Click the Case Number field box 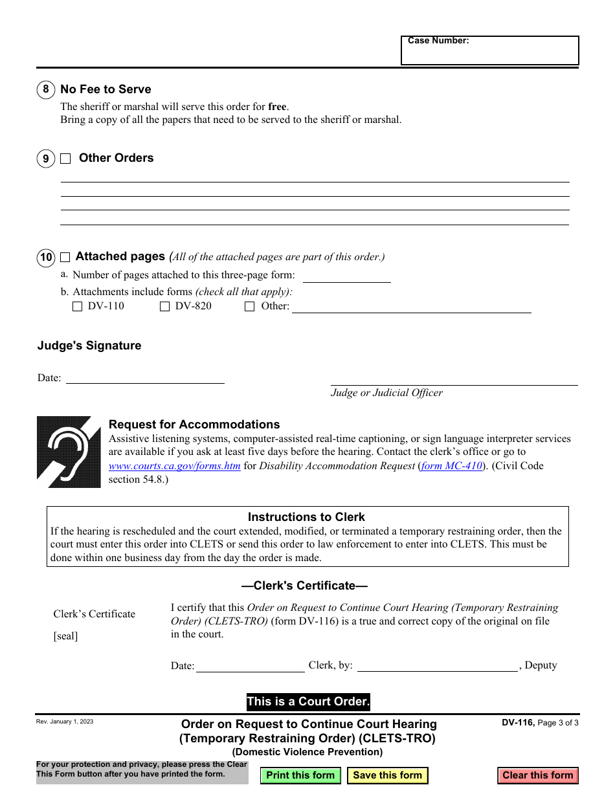[x=489, y=50]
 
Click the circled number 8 [x=46, y=90]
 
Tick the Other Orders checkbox [x=66, y=159]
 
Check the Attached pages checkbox [x=65, y=258]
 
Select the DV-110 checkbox [x=78, y=307]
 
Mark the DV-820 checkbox [x=165, y=307]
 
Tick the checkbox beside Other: [x=250, y=307]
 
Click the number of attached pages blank [x=347, y=276]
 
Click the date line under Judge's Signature [x=145, y=378]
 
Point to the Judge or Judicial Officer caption [x=387, y=393]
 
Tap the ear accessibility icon [x=69, y=452]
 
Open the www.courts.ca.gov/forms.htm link [x=175, y=466]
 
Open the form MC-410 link [x=452, y=466]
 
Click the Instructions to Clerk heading [x=306, y=517]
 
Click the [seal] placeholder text [x=65, y=636]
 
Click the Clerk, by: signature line [x=438, y=667]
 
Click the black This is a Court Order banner [x=308, y=702]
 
